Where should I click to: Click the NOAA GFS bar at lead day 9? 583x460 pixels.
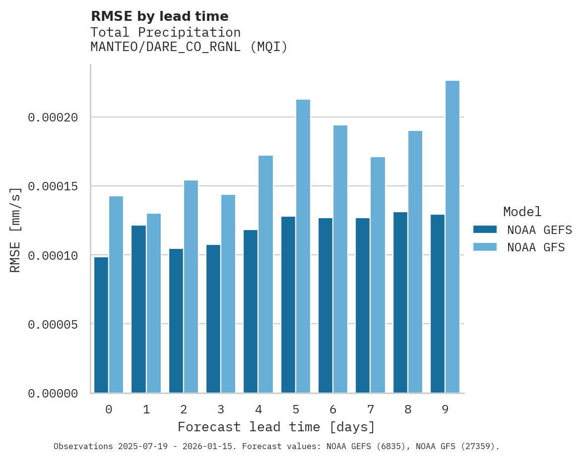coord(453,237)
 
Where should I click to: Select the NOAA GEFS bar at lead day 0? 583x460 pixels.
coord(101,325)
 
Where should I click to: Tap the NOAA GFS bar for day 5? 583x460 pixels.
coord(303,246)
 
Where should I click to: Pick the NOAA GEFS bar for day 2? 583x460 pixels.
coord(176,321)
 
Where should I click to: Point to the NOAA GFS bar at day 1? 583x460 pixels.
coord(154,303)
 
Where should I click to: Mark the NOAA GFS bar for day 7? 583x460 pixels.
coord(378,275)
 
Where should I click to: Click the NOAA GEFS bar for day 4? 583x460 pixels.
coord(251,311)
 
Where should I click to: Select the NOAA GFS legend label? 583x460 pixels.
coord(536,247)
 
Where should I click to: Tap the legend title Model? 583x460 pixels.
coord(522,212)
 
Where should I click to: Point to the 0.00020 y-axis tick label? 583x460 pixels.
coord(53,117)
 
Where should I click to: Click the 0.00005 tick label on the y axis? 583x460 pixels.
coord(53,325)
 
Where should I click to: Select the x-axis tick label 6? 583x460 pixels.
coord(333,409)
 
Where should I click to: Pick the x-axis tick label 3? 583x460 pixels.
coord(221,409)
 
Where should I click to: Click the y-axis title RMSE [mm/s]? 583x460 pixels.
coord(15,230)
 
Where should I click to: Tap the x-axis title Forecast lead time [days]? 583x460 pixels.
coord(276,427)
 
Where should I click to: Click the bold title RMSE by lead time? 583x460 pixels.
coord(159,16)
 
